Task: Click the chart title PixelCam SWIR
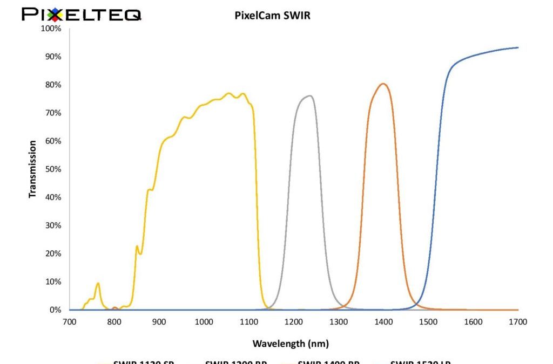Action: [x=272, y=16]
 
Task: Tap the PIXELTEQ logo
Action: [x=81, y=14]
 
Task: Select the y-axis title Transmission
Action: [x=33, y=169]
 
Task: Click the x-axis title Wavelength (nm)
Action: [x=290, y=344]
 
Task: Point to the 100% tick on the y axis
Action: [x=51, y=29]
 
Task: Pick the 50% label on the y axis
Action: [x=53, y=169]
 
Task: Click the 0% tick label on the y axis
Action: [x=55, y=310]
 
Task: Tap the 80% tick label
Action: [x=53, y=85]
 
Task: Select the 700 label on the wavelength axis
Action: [x=69, y=322]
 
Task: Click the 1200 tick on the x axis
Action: [x=293, y=322]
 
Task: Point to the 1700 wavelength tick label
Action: [x=518, y=322]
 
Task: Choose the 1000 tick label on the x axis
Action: [x=204, y=322]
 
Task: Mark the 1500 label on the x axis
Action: [x=428, y=322]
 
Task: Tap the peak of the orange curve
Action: [x=383, y=84]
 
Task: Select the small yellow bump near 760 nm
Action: [x=98, y=284]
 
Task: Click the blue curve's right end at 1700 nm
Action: [x=517, y=48]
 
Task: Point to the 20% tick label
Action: [x=53, y=253]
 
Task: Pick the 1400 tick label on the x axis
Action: [x=383, y=322]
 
